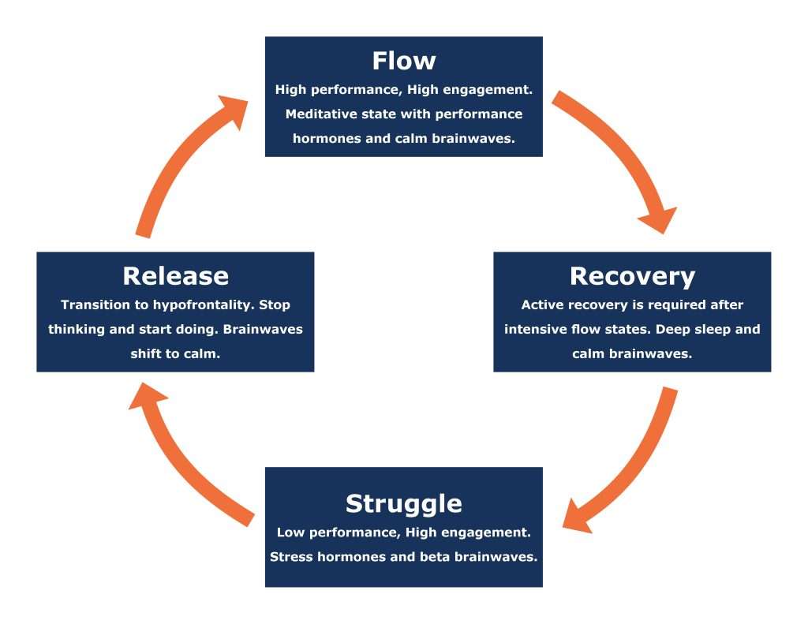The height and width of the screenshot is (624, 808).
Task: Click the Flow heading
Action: coord(403,61)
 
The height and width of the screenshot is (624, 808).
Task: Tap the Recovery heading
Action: coord(632,276)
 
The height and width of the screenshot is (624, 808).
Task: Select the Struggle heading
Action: coord(403,503)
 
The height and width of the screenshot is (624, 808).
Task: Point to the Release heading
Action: coord(175,276)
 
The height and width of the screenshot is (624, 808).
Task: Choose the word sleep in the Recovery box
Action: coord(715,329)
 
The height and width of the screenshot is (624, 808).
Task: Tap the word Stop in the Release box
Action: coord(276,305)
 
